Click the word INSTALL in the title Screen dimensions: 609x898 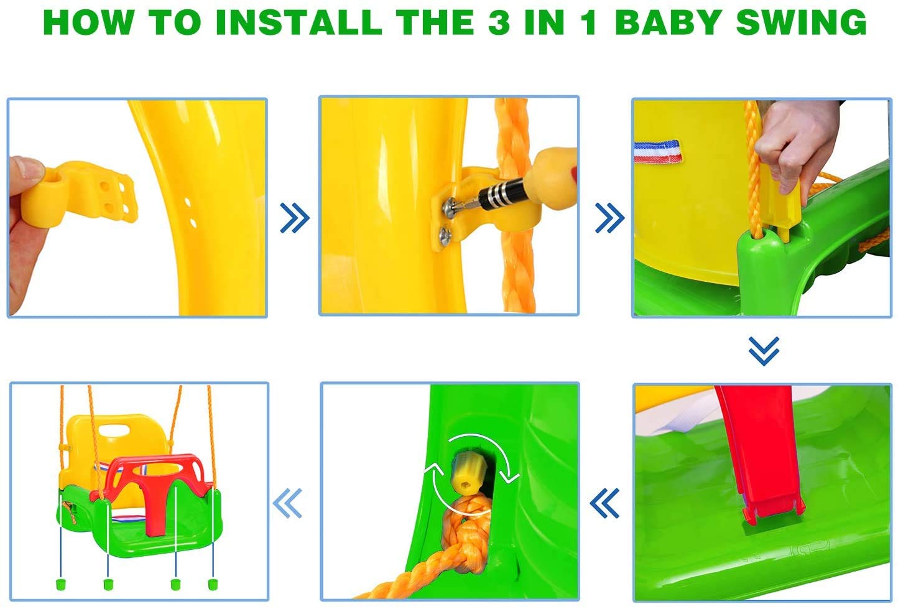coord(298,22)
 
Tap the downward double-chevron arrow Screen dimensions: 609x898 coord(764,351)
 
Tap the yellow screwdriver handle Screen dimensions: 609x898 coord(552,169)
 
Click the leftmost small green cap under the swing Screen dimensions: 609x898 coord(61,583)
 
